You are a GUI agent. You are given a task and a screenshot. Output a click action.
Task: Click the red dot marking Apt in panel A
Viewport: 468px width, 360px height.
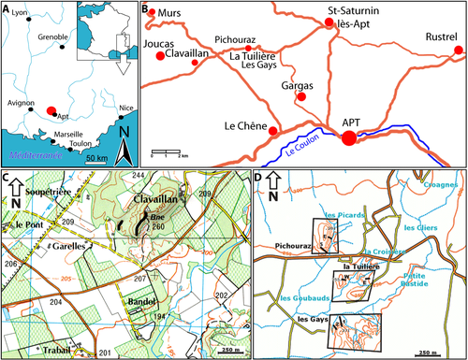click(x=51, y=109)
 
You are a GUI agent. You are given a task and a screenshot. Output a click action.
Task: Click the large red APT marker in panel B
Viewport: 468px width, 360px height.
click(x=348, y=138)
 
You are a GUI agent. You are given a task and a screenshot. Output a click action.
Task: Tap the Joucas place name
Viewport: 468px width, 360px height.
click(x=159, y=43)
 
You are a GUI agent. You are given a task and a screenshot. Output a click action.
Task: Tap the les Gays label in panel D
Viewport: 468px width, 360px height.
click(x=311, y=319)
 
